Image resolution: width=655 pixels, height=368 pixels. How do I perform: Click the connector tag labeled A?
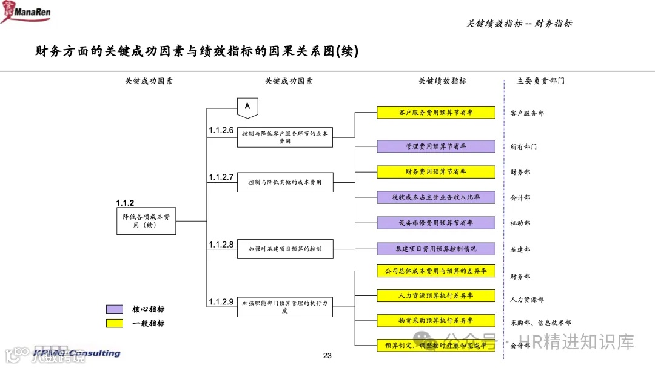[247, 107]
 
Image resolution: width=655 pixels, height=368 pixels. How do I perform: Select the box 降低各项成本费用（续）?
[146, 221]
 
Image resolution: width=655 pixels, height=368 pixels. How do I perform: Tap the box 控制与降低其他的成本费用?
[285, 182]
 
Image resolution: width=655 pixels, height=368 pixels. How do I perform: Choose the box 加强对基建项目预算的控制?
[285, 249]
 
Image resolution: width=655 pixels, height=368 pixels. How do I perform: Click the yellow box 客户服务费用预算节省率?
[436, 113]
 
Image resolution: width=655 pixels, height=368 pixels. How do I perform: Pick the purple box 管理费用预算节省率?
[436, 146]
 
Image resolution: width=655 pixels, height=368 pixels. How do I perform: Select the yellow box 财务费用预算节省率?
[436, 172]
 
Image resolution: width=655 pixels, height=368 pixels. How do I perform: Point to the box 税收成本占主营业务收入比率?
[436, 197]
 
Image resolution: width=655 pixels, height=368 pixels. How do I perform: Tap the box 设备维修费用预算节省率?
[436, 223]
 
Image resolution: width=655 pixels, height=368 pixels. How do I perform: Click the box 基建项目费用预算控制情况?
[436, 249]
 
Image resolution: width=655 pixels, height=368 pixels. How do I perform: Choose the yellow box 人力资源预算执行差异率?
[436, 296]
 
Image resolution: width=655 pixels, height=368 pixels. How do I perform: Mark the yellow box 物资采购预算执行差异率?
[436, 320]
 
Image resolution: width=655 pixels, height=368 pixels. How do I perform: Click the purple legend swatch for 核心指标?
[115, 309]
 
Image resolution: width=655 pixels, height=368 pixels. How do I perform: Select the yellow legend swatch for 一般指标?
[115, 323]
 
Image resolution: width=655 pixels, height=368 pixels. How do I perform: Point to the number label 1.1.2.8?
[221, 245]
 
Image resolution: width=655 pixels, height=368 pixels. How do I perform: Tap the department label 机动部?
[520, 223]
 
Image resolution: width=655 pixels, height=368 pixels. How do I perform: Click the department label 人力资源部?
[527, 300]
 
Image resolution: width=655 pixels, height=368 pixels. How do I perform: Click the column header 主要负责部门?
[540, 80]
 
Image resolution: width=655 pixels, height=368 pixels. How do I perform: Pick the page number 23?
[327, 356]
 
